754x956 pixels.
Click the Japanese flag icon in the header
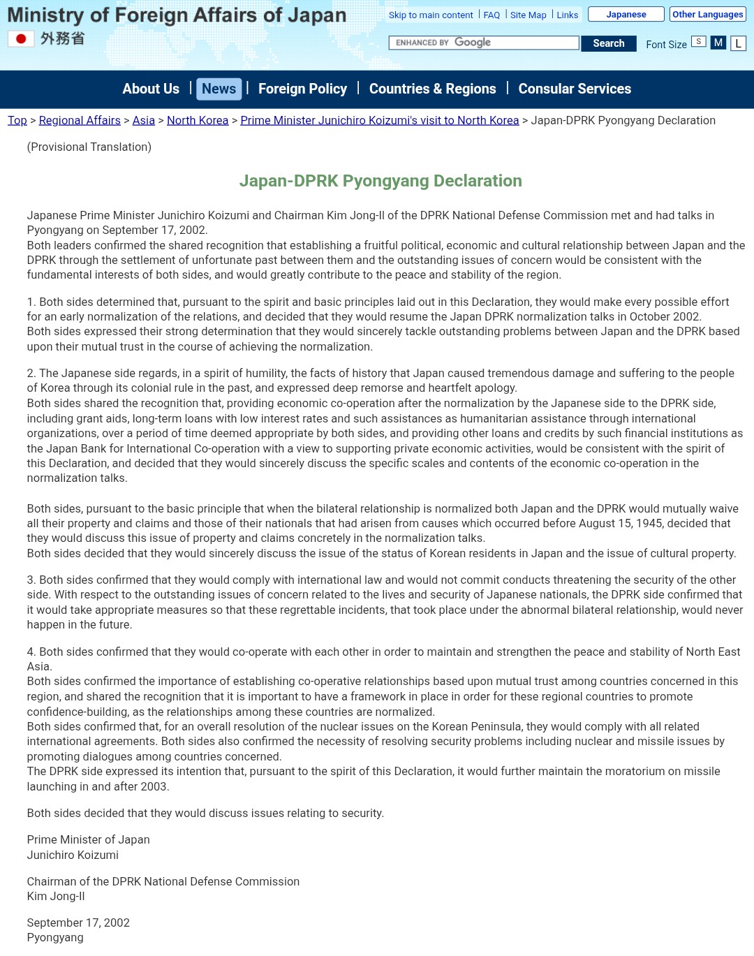click(x=21, y=39)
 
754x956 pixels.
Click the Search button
click(x=608, y=43)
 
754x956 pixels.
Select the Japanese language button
click(x=626, y=15)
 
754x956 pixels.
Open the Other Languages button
click(x=707, y=15)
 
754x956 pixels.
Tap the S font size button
click(x=698, y=42)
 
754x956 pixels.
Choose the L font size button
click(x=738, y=43)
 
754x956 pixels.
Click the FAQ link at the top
click(x=491, y=15)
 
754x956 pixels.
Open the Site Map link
click(x=528, y=15)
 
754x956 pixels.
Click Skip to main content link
click(x=431, y=15)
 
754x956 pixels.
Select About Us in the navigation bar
click(x=151, y=89)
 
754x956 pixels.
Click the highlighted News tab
click(x=219, y=89)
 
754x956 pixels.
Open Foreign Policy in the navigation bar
click(x=302, y=89)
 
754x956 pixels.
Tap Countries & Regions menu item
click(x=432, y=89)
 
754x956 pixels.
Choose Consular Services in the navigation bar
click(x=575, y=89)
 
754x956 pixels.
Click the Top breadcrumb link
click(x=17, y=120)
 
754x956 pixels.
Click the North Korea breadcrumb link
click(x=198, y=120)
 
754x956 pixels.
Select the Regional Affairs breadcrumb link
click(x=80, y=120)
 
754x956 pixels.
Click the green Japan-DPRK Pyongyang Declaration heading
click(x=380, y=181)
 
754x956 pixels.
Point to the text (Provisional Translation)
click(x=89, y=147)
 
